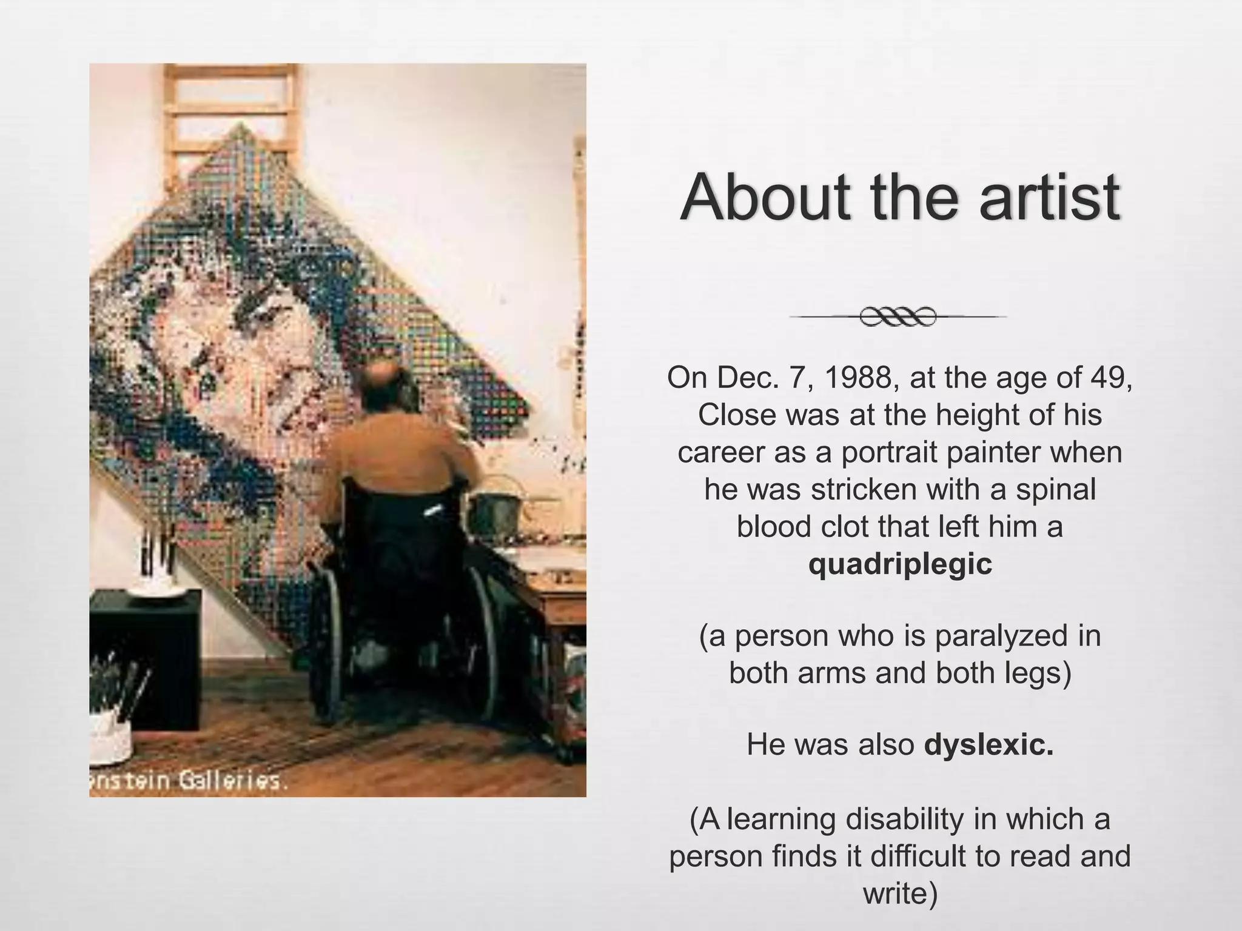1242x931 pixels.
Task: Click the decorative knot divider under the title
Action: click(x=898, y=316)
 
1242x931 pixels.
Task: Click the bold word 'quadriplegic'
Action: click(x=900, y=564)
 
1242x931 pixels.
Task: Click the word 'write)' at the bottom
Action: click(x=900, y=894)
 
